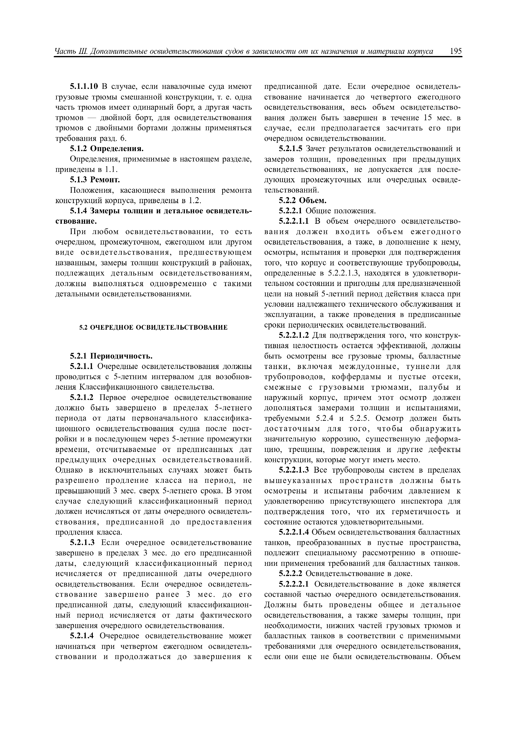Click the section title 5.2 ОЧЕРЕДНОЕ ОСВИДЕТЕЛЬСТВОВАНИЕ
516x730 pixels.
[x=153, y=327]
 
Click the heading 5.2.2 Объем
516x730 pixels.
[x=302, y=200]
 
